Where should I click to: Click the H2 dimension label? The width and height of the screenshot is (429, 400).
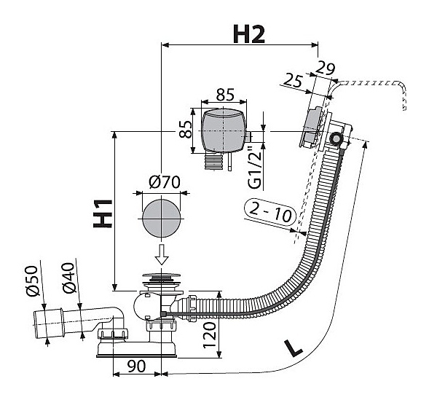click(x=249, y=34)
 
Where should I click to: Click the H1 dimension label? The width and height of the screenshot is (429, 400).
click(x=103, y=213)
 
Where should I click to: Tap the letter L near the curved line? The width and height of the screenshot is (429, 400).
click(x=293, y=348)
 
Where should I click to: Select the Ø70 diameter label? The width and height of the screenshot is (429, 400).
click(x=165, y=182)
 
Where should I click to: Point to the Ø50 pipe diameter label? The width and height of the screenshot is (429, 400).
click(x=32, y=281)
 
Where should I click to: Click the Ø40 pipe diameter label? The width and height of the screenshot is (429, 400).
click(x=68, y=278)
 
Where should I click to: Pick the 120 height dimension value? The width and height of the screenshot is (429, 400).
click(x=210, y=335)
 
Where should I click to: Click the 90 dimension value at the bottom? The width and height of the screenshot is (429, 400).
click(x=137, y=366)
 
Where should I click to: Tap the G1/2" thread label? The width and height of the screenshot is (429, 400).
click(x=255, y=168)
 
